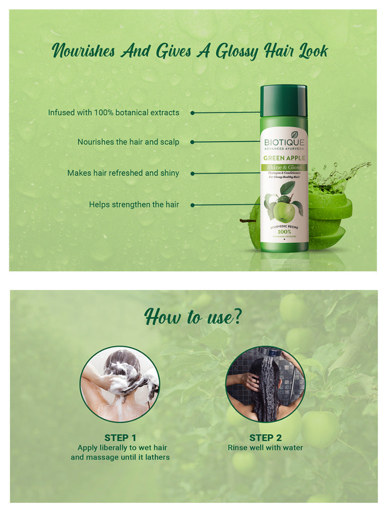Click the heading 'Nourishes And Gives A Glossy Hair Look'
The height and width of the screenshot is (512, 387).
[190, 51]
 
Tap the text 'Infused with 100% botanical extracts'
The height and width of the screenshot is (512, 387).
[114, 113]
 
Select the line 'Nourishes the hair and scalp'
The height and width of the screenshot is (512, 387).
[128, 142]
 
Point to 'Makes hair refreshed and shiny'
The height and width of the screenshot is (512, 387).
[123, 173]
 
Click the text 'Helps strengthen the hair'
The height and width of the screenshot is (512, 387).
[134, 205]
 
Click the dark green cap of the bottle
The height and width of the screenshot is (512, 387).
[283, 100]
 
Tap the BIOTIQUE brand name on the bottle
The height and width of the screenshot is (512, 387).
[284, 141]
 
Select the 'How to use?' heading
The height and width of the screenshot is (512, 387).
[193, 318]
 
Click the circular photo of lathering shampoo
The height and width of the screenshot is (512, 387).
[120, 384]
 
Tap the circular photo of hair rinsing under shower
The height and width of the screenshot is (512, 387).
[265, 384]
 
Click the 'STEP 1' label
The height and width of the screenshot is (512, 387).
[120, 437]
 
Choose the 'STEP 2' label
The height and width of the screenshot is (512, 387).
[265, 437]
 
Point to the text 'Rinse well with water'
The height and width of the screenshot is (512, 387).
[265, 448]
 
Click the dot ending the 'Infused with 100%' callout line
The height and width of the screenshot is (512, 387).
[192, 113]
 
